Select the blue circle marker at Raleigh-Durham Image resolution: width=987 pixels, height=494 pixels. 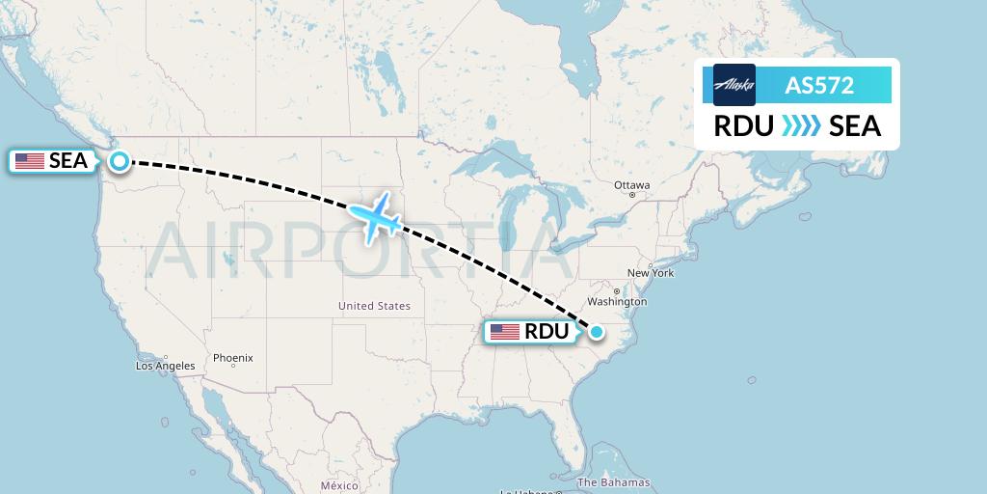597,332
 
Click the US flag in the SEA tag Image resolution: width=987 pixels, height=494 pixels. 30,161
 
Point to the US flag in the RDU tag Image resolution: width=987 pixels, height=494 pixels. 505,332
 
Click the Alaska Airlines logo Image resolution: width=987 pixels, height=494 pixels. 734,85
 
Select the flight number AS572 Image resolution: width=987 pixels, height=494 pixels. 819,85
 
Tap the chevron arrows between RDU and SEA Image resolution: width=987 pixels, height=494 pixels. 801,126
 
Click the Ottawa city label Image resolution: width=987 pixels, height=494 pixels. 632,185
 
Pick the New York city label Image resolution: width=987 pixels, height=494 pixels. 651,273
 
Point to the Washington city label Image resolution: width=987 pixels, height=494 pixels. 618,302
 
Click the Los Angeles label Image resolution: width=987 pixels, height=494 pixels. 165,366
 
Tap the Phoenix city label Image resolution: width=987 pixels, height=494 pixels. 232,358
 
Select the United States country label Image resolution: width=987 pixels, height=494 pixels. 374,306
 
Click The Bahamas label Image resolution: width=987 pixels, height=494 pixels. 613,482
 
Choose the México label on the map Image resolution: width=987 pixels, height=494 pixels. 339,485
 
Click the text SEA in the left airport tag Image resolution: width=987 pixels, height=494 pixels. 67,161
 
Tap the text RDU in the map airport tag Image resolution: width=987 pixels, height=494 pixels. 547,332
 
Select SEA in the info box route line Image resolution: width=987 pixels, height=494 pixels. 855,126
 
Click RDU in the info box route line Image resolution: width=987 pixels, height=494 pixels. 743,126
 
